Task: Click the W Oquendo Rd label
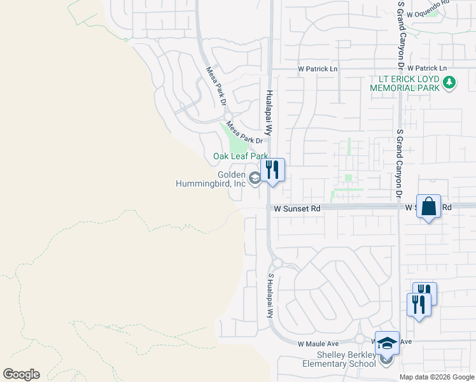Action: click(x=428, y=13)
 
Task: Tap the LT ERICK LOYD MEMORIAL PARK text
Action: click(x=405, y=83)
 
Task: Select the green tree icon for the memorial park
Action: click(x=449, y=82)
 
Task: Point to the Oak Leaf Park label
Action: click(x=241, y=156)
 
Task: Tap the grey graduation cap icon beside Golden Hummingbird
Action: click(x=255, y=178)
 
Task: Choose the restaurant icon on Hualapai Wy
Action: click(x=272, y=170)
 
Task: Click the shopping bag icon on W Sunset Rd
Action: click(x=429, y=206)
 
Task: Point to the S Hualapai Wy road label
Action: click(x=270, y=296)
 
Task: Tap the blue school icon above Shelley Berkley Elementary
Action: click(x=387, y=344)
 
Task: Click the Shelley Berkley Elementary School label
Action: click(x=346, y=360)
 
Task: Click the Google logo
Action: click(x=21, y=374)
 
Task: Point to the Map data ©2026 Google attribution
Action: click(x=437, y=377)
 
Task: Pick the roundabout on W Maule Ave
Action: click(x=360, y=339)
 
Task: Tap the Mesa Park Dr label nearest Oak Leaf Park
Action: click(x=245, y=133)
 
